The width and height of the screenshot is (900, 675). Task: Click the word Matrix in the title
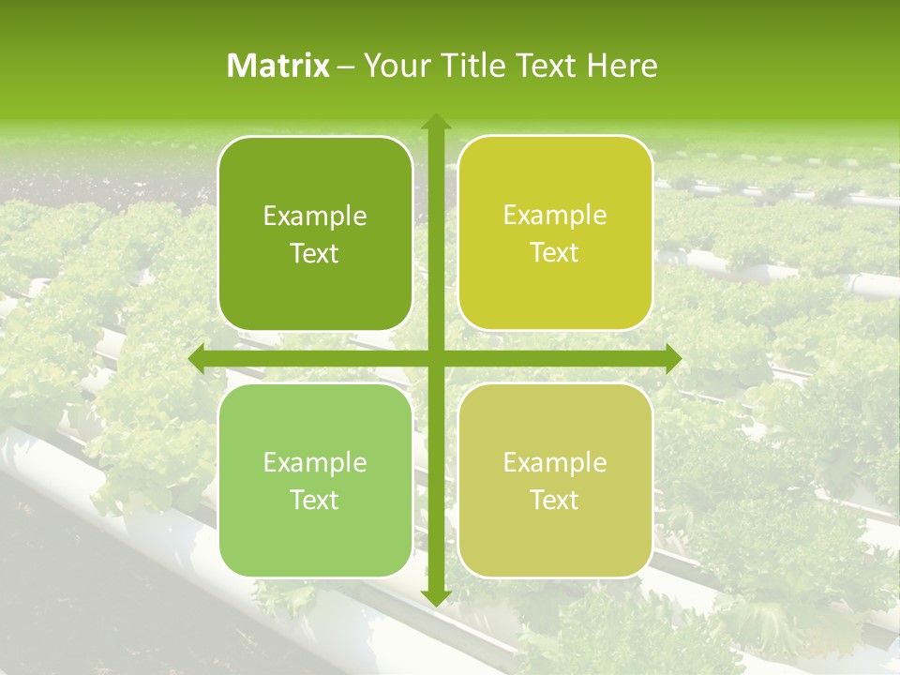click(278, 66)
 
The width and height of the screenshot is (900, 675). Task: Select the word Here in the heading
click(622, 66)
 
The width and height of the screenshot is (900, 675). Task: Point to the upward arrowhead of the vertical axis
click(435, 122)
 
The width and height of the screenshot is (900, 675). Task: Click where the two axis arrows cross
click(435, 359)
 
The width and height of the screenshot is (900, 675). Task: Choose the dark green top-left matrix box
click(315, 234)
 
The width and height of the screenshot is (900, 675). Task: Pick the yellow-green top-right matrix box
click(555, 233)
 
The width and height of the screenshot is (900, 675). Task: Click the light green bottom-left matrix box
click(315, 480)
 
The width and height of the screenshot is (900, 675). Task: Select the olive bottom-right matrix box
click(555, 480)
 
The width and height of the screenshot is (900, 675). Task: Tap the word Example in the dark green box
click(315, 217)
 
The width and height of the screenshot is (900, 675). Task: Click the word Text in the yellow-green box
click(555, 253)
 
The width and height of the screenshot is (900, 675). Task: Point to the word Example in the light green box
click(315, 463)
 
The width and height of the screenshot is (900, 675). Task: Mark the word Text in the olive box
click(555, 500)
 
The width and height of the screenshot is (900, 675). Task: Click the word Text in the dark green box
click(315, 254)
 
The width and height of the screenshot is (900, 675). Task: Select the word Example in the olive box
click(555, 462)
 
